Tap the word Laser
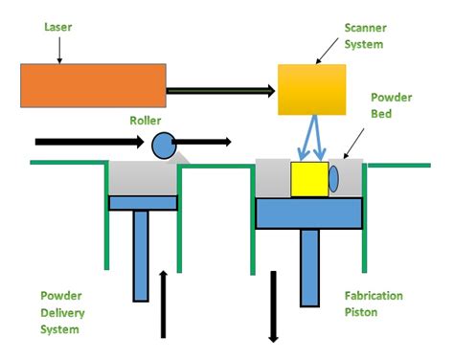pos(58,29)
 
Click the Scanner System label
pos(365,37)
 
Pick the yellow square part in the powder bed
pos(308,179)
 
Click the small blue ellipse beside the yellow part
pos(333,179)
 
